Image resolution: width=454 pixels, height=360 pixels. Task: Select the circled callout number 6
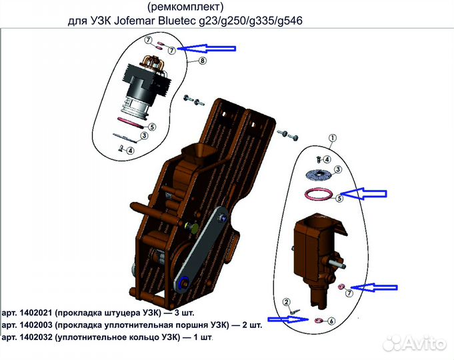tap(331, 320)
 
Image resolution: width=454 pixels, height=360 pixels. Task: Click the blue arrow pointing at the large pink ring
tap(362, 194)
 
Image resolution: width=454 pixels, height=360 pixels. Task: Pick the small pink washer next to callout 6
tap(318, 320)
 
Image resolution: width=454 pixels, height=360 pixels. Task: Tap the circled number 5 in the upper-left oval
tap(152, 126)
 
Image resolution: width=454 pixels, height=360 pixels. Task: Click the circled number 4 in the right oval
tap(327, 159)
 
